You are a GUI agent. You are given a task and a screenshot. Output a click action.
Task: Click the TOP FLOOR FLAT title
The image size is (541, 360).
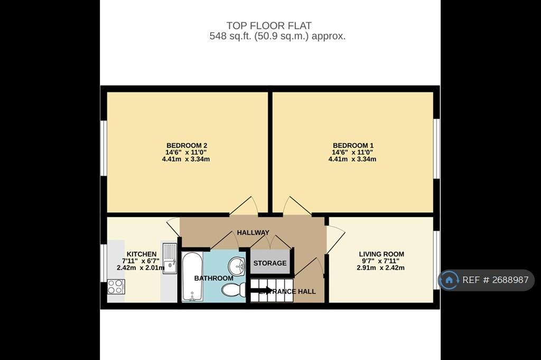click(x=269, y=25)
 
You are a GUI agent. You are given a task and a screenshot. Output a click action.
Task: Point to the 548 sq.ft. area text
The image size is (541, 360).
click(x=277, y=36)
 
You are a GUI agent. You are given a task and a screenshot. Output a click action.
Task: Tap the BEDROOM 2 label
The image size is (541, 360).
click(x=186, y=146)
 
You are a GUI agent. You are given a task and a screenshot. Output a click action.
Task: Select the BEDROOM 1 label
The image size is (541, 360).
click(x=353, y=146)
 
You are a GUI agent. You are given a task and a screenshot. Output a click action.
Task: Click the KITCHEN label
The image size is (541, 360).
click(x=142, y=254)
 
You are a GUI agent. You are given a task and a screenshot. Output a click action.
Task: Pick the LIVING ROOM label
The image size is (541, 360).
click(x=381, y=254)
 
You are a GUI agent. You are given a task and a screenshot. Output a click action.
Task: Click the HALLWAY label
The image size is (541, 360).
click(x=253, y=233)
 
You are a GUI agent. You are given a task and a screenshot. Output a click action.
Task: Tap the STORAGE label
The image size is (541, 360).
click(x=270, y=263)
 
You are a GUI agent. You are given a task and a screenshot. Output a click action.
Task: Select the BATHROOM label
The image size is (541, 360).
click(x=213, y=278)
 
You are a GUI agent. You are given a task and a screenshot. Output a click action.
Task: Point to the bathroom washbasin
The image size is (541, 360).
click(x=237, y=266)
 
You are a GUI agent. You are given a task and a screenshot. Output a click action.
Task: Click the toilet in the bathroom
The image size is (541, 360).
click(x=234, y=290)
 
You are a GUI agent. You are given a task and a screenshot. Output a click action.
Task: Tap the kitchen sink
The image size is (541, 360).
click(x=170, y=258)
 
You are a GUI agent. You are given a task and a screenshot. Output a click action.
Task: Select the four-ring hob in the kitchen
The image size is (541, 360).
click(x=116, y=287)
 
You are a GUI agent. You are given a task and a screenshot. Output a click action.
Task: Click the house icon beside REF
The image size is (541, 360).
click(x=449, y=280)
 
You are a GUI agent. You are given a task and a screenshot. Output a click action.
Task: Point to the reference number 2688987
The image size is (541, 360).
click(x=510, y=280)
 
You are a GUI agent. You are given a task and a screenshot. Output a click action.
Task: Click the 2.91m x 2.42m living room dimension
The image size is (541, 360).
click(x=380, y=268)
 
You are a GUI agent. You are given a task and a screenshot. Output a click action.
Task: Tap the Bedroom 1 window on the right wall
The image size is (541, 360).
click(x=437, y=149)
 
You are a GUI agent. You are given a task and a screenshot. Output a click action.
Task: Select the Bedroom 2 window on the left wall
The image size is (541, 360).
click(x=103, y=148)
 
